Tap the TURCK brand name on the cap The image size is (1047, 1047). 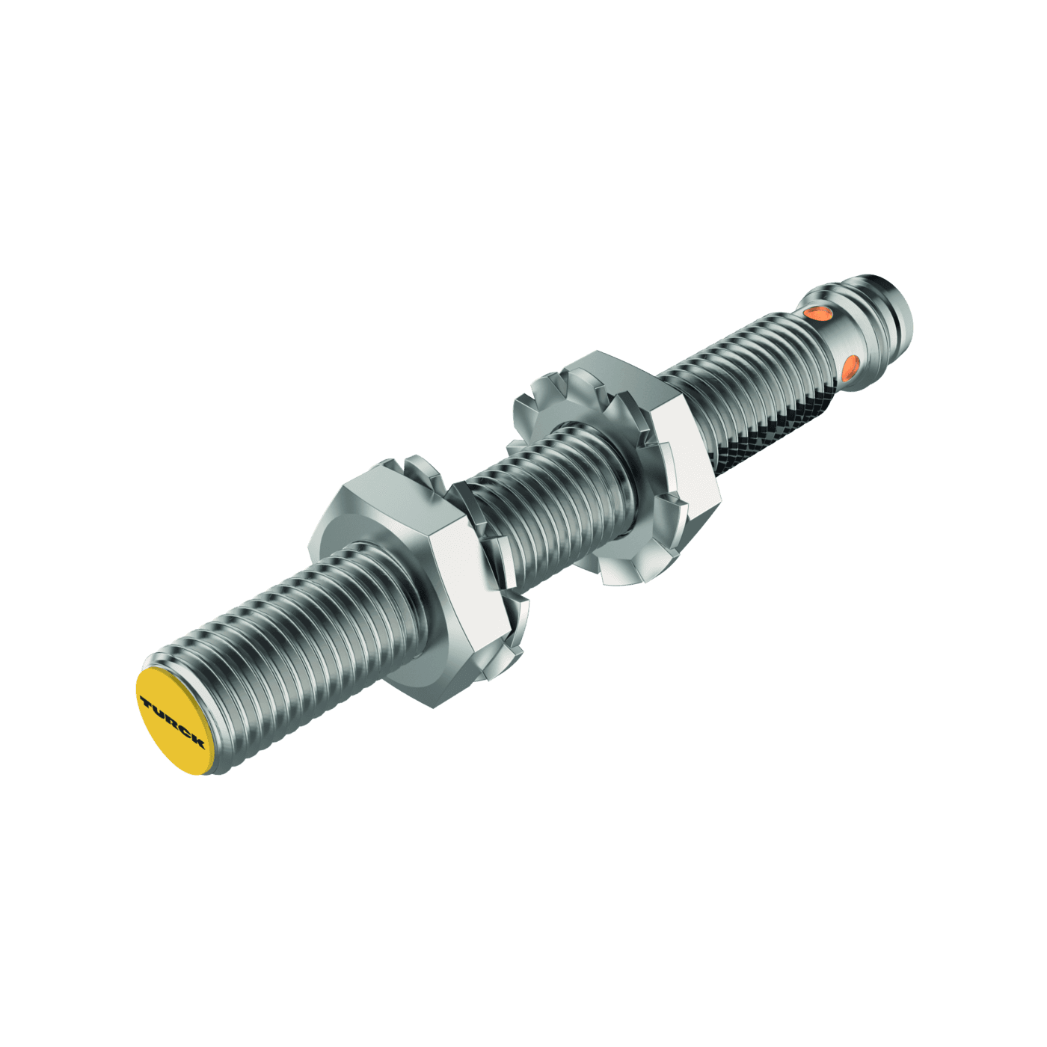point(173,722)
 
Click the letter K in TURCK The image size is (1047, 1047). point(197,742)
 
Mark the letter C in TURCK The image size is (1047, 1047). point(185,731)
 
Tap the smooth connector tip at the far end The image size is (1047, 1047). point(894,307)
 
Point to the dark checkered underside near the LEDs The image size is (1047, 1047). point(778,426)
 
